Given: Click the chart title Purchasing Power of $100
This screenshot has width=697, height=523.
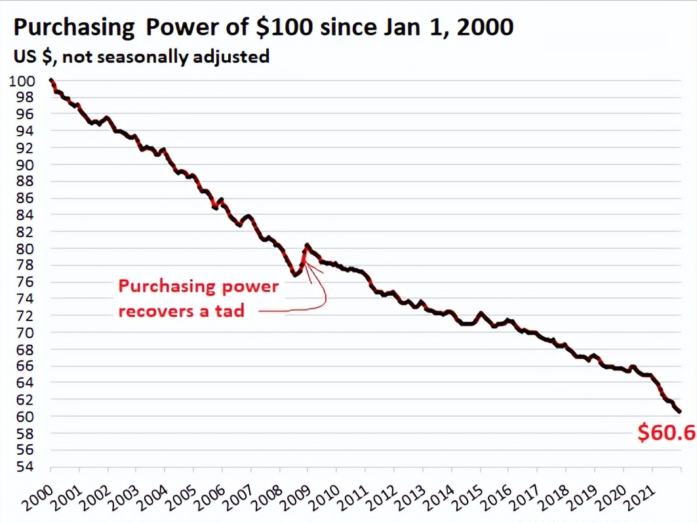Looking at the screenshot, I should coord(262,28).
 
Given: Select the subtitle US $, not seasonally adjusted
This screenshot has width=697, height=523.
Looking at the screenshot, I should coord(141,56).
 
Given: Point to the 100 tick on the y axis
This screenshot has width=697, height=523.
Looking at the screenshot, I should coord(22,81).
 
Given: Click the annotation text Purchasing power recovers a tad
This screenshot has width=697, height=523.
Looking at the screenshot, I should coord(198,298).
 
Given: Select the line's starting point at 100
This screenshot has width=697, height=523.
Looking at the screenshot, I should coord(51,81).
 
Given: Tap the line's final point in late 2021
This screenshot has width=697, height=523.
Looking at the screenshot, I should coord(679,412).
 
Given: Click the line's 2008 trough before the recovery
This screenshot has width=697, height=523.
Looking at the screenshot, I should coord(294,274).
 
